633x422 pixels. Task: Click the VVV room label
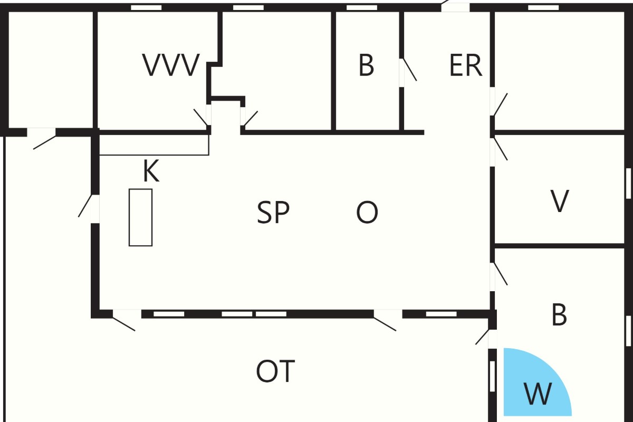coord(171,65)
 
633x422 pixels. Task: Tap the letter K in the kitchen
coord(151,171)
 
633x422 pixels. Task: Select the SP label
coord(273,212)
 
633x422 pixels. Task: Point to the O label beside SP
coord(367,212)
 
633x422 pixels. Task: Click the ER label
coord(465,65)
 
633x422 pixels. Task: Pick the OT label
coord(275,371)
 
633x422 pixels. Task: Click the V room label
coord(560,201)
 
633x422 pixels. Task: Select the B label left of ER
coord(366,65)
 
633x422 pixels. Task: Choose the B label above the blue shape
coord(559,314)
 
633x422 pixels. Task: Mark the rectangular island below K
coord(140,217)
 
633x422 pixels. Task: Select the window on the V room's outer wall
coord(628,184)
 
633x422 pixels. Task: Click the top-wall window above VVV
coord(146,7)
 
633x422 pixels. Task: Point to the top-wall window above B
coord(362,7)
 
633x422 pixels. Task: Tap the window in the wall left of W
coord(492,376)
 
